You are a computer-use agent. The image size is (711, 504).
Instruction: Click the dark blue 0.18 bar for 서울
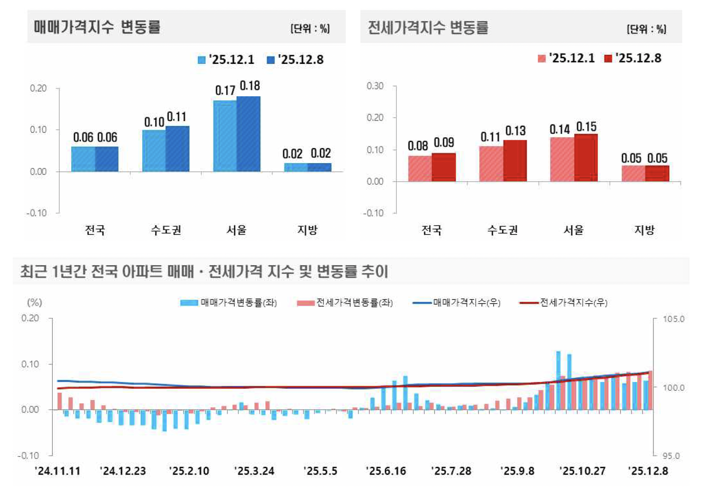(x=249, y=134)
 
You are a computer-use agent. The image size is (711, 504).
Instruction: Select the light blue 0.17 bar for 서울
(x=225, y=136)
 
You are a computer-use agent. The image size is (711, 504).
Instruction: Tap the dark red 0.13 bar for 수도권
(x=515, y=161)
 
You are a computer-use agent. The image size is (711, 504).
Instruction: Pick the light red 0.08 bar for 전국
(x=420, y=168)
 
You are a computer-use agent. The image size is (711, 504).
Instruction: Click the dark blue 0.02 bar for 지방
(x=320, y=167)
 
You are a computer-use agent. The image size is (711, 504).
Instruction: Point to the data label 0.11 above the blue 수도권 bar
(x=176, y=117)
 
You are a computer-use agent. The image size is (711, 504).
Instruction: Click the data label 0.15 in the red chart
(x=586, y=127)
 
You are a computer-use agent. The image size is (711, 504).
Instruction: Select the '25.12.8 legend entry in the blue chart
(x=295, y=60)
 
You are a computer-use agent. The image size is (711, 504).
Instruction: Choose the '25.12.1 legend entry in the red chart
(x=566, y=58)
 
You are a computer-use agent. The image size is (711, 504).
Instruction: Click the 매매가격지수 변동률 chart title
(x=97, y=27)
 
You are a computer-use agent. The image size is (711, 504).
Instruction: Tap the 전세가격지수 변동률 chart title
(x=428, y=27)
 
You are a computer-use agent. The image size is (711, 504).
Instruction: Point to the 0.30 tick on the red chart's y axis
(x=375, y=86)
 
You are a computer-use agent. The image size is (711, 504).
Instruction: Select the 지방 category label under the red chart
(x=644, y=230)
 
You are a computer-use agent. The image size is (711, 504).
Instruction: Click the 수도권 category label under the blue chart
(x=166, y=230)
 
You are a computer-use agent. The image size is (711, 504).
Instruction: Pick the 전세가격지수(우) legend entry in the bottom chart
(x=564, y=303)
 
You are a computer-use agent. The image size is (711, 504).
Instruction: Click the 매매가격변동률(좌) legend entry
(x=229, y=303)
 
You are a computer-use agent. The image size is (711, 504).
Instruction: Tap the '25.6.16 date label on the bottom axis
(x=386, y=471)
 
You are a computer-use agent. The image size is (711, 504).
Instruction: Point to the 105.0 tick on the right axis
(x=673, y=319)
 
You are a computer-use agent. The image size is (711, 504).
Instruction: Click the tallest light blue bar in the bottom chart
(x=558, y=380)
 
